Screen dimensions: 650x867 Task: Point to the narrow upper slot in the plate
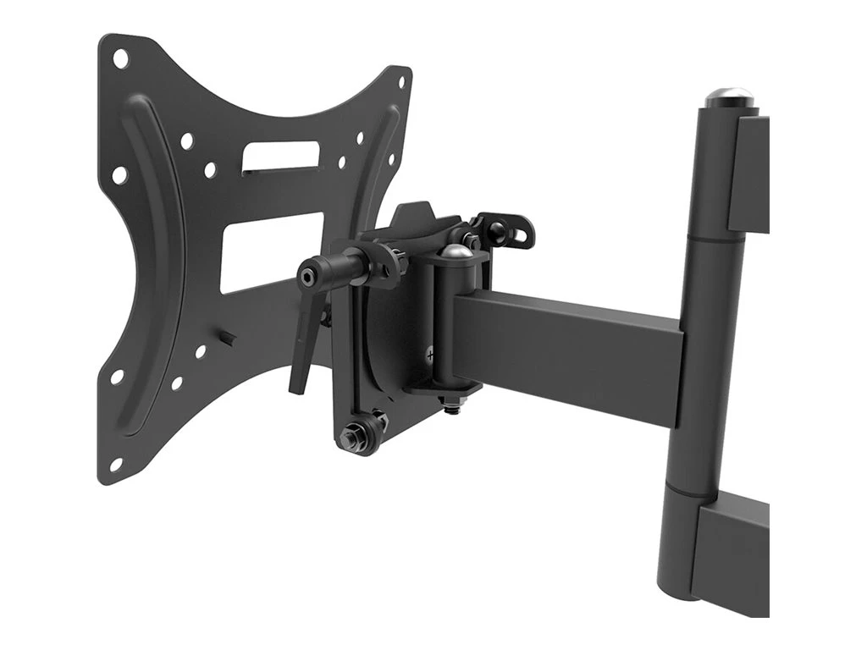[281, 158]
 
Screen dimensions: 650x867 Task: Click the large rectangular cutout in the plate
[271, 250]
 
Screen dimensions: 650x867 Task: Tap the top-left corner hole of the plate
[121, 59]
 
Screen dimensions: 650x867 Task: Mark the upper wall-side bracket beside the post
[752, 174]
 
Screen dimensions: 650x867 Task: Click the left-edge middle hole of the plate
[119, 174]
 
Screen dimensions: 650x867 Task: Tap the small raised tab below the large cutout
[228, 338]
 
